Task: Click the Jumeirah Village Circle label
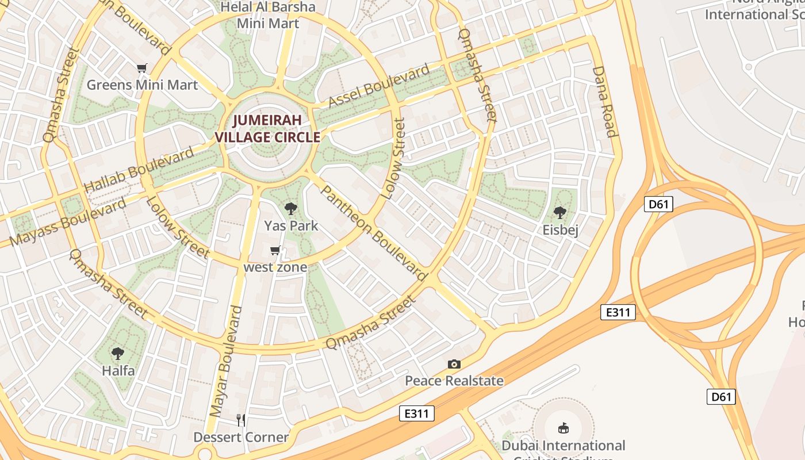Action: (x=267, y=129)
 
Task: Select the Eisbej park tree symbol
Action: (x=560, y=213)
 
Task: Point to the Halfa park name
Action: (x=118, y=370)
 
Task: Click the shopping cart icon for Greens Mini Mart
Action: (x=142, y=68)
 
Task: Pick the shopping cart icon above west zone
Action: (x=275, y=251)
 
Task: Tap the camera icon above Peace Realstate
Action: (x=454, y=364)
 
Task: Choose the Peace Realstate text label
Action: (x=454, y=381)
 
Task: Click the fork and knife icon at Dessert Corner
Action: (x=241, y=420)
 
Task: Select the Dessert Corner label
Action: (x=241, y=437)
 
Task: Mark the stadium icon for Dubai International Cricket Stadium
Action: (x=563, y=428)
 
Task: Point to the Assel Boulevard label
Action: (x=379, y=86)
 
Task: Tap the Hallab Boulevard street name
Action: (x=139, y=171)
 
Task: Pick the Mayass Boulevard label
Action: (x=68, y=222)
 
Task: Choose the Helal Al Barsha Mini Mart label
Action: (x=269, y=16)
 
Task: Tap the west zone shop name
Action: (x=275, y=267)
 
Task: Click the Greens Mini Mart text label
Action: (x=142, y=85)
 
